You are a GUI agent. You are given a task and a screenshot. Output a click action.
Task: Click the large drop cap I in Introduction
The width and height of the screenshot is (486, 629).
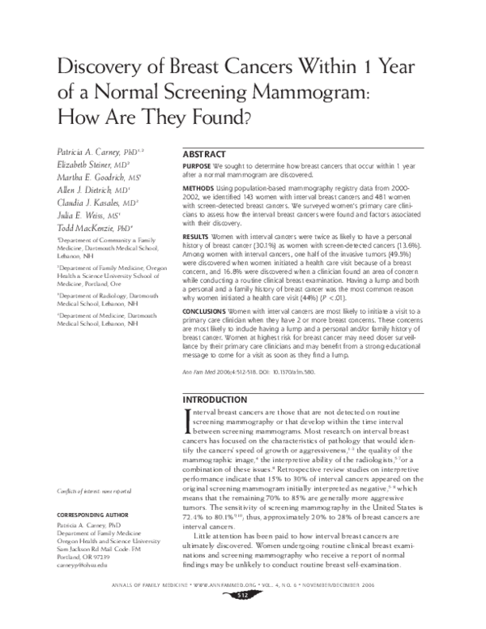coord(189,421)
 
